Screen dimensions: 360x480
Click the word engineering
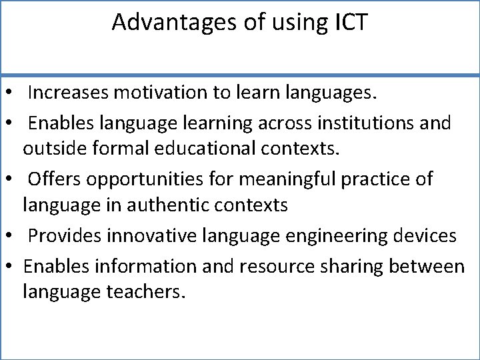(x=332, y=236)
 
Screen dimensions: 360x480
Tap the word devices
(x=425, y=235)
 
